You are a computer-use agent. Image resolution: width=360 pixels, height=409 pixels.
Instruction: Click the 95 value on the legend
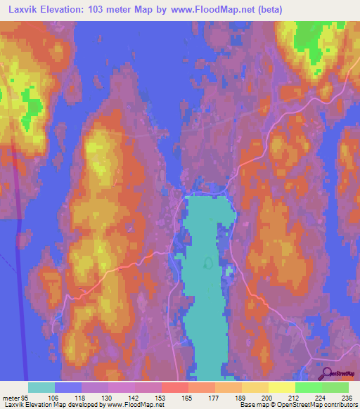[x=26, y=398]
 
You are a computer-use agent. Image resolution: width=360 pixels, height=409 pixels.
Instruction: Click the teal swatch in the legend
[x=41, y=387]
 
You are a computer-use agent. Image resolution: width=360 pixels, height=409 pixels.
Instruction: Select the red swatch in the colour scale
[x=174, y=387]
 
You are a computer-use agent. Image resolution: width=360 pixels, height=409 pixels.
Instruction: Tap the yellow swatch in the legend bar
[x=254, y=387]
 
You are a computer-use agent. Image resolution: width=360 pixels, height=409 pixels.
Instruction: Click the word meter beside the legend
[x=10, y=398]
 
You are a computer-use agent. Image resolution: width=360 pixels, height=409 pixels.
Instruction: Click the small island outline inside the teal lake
[x=208, y=263]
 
